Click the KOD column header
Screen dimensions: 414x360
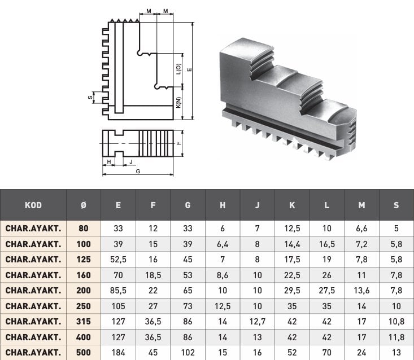click(x=33, y=205)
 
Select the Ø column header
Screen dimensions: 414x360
click(x=84, y=205)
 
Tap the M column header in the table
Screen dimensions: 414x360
click(x=361, y=205)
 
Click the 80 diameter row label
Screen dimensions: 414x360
click(x=84, y=229)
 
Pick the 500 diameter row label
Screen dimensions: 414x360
click(x=84, y=352)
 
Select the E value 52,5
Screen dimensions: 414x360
click(x=118, y=260)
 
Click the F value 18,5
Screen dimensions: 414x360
click(x=153, y=275)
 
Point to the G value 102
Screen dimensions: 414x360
click(x=188, y=352)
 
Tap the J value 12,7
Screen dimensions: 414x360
click(x=257, y=322)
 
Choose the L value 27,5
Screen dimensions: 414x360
click(x=326, y=291)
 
